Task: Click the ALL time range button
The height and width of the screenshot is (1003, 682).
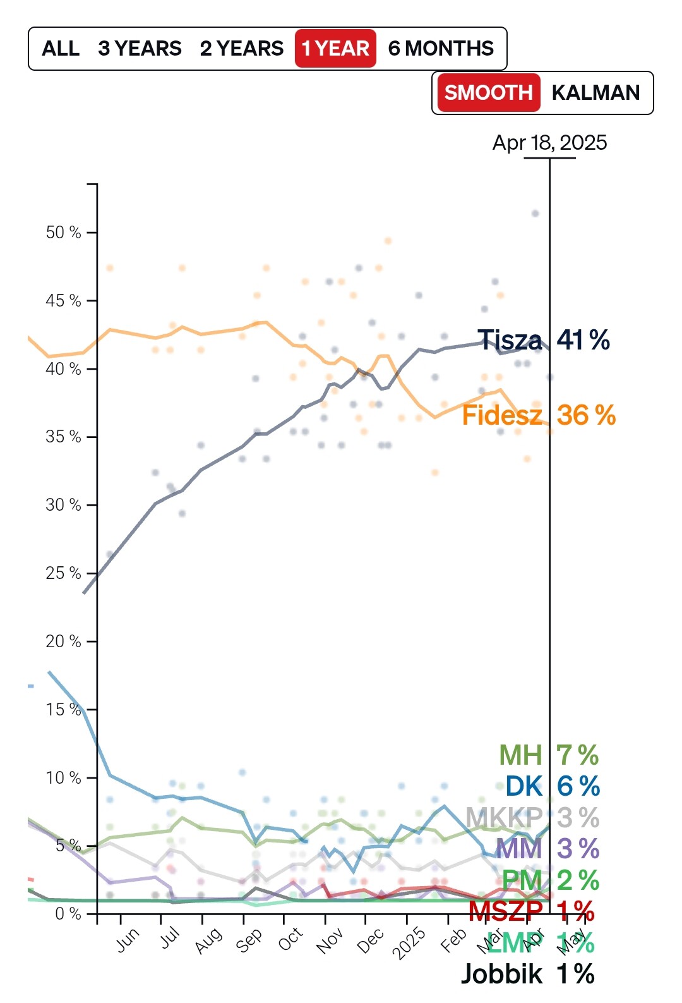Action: click(x=61, y=49)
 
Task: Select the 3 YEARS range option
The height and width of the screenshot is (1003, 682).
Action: click(x=140, y=49)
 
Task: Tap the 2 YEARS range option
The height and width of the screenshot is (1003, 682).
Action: click(x=242, y=49)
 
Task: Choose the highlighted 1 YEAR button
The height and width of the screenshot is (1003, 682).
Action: click(x=335, y=49)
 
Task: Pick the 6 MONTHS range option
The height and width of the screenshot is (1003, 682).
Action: click(x=441, y=49)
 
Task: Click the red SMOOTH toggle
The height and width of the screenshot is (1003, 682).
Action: click(x=488, y=93)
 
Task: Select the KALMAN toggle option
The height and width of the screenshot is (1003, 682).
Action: click(x=595, y=93)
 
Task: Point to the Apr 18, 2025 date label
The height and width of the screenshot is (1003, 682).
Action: click(x=549, y=143)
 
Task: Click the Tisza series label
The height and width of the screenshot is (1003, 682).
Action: click(x=509, y=340)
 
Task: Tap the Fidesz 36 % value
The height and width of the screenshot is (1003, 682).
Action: click(x=586, y=415)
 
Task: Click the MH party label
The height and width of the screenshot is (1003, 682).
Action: click(x=520, y=755)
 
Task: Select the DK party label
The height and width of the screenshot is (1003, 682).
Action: click(x=523, y=786)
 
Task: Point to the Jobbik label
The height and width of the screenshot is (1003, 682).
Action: click(x=501, y=974)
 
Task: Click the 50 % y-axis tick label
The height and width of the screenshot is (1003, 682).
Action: click(x=63, y=233)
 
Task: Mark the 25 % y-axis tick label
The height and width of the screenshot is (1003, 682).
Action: click(x=63, y=573)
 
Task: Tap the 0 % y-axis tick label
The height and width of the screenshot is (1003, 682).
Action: click(x=68, y=914)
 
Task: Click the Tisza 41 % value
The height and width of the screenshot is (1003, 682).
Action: click(x=583, y=340)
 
